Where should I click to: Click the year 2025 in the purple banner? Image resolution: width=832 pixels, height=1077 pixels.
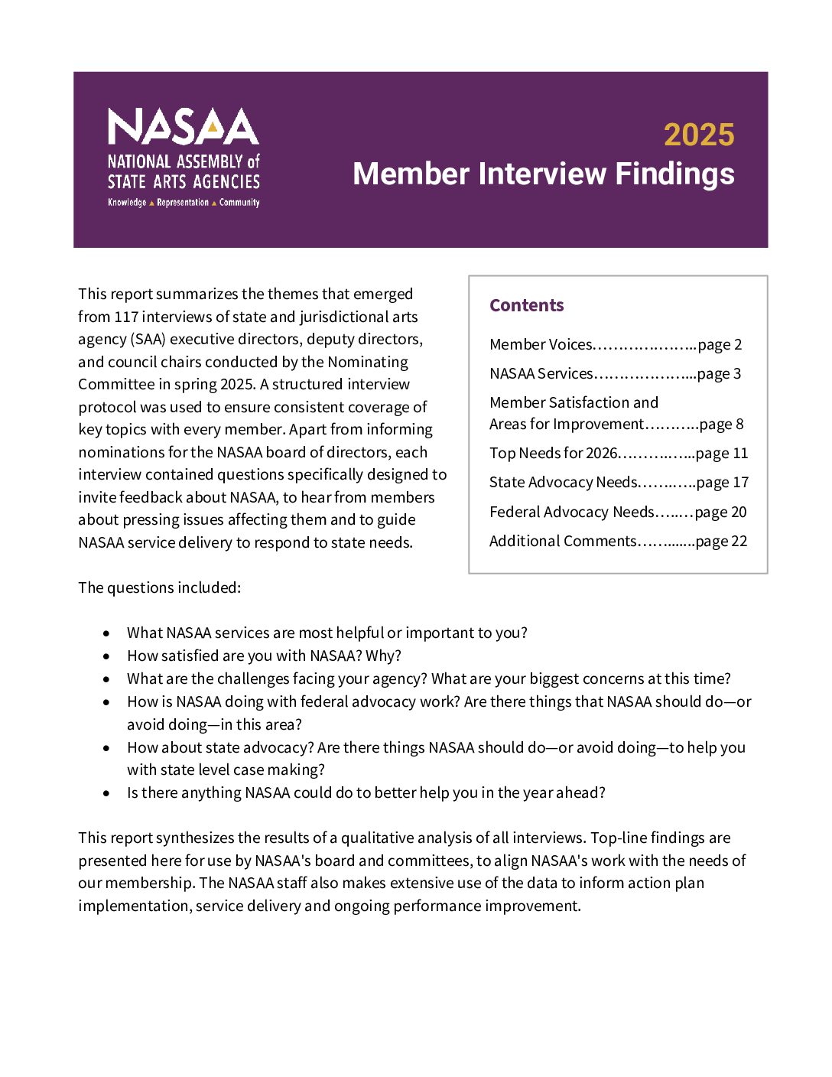pos(698,135)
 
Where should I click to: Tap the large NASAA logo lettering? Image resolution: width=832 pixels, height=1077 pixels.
pos(183,127)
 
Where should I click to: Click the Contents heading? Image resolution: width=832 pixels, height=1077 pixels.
pos(526,305)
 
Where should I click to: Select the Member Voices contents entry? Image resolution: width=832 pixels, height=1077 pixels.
pos(540,345)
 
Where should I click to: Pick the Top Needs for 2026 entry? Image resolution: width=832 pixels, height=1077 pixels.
pos(553,454)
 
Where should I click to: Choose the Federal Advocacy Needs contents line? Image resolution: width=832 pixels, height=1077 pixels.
pos(571,512)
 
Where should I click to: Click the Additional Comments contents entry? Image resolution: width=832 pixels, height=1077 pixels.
pos(562,542)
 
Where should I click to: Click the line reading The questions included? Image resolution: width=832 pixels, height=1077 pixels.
pos(159,588)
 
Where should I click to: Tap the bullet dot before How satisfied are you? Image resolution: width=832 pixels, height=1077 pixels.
pos(106,656)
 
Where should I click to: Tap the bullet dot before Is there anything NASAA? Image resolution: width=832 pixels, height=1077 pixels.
pos(106,793)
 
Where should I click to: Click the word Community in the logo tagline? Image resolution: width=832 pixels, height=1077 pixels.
pos(239,203)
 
